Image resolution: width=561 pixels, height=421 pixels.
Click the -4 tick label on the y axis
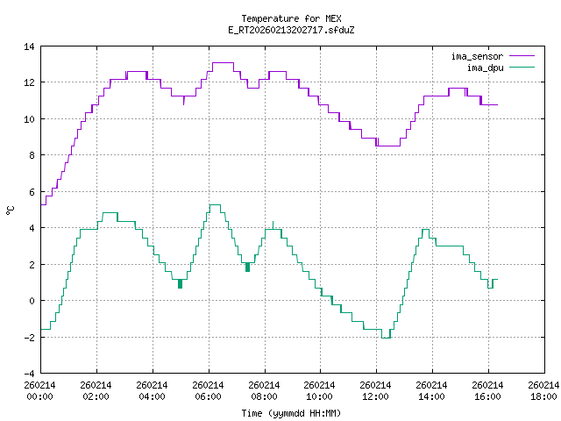[29, 373]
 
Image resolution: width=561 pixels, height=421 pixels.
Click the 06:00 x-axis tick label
[208, 390]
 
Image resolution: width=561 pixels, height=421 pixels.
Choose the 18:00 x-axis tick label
[543, 390]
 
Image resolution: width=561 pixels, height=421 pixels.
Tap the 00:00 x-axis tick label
[40, 390]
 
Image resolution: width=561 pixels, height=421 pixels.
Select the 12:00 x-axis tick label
[375, 390]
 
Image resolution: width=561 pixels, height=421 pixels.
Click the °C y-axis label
[10, 210]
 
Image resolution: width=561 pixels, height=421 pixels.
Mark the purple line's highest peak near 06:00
[223, 63]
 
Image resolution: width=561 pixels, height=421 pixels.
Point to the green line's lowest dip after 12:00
[386, 338]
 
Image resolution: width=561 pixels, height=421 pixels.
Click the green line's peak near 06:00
[215, 204]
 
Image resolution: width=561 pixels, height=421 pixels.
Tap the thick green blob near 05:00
[180, 283]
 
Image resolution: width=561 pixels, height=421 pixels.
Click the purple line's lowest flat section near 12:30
[387, 146]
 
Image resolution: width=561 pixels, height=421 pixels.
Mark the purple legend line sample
[521, 56]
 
